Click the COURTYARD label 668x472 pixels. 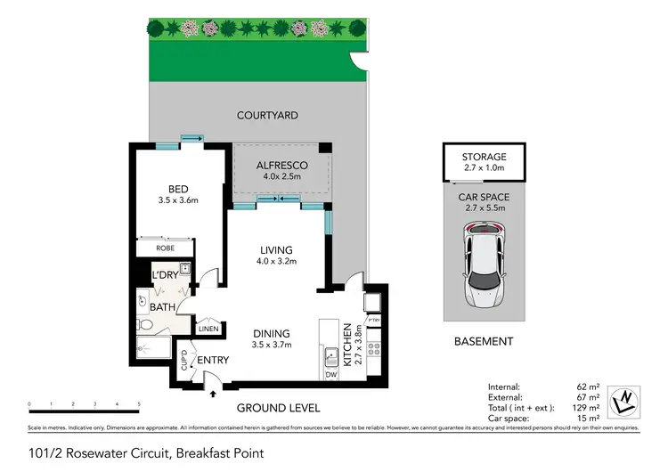click(x=267, y=115)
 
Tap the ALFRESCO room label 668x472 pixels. click(x=281, y=166)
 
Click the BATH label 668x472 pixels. click(x=162, y=307)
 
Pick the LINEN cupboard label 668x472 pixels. click(x=208, y=329)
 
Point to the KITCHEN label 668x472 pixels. click(x=348, y=346)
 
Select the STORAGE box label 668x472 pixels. click(x=484, y=157)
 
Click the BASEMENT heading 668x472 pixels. click(x=484, y=341)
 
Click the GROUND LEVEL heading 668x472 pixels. click(x=277, y=408)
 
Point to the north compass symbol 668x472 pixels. click(x=627, y=402)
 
